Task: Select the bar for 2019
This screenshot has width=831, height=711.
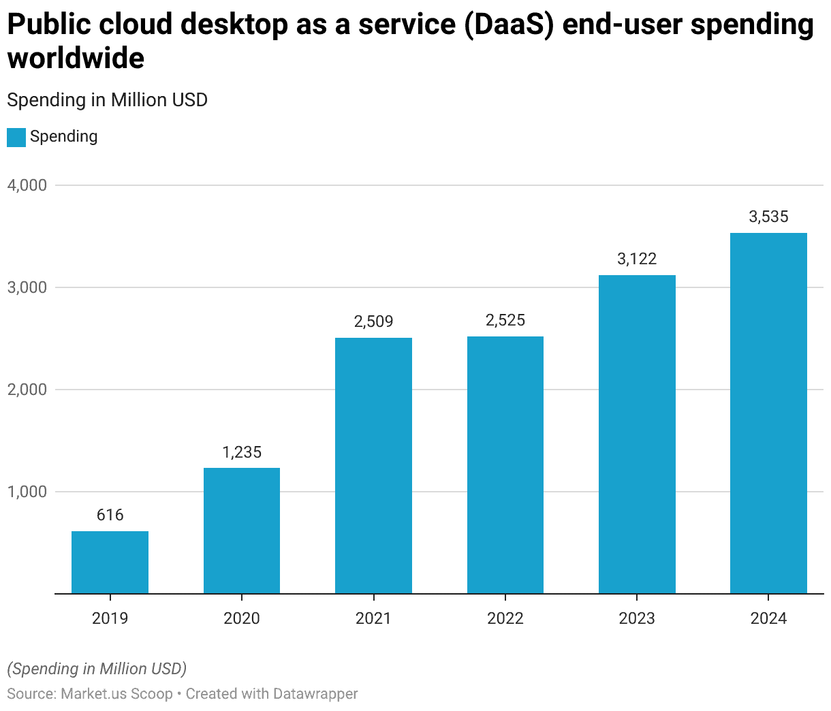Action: [x=110, y=563]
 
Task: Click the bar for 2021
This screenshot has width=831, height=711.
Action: [x=373, y=466]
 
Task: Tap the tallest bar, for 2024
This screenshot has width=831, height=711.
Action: [x=768, y=413]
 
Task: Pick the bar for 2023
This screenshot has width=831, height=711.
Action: [x=637, y=434]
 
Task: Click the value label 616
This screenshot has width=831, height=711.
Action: [x=110, y=515]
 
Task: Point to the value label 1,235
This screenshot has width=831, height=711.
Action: [x=242, y=452]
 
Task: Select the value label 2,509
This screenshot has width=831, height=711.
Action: [x=373, y=321]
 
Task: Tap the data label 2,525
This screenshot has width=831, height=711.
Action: [x=505, y=320]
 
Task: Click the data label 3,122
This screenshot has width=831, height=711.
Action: [x=637, y=259]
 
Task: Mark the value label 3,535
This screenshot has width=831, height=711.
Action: [x=768, y=217]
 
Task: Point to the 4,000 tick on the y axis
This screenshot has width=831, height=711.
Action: [x=27, y=185]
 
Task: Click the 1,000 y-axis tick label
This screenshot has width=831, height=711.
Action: [x=27, y=492]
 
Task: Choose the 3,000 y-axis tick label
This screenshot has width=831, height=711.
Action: [x=27, y=287]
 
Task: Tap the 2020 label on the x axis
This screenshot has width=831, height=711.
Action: [x=242, y=618]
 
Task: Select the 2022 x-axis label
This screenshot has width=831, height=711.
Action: [x=505, y=618]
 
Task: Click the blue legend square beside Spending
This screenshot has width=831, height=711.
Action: [x=16, y=137]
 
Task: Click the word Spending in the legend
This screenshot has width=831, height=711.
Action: [x=64, y=137]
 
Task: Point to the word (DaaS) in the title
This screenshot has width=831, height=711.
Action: [x=509, y=25]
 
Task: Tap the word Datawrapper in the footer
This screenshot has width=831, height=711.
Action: [x=315, y=694]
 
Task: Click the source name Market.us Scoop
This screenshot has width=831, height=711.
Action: [x=116, y=694]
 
